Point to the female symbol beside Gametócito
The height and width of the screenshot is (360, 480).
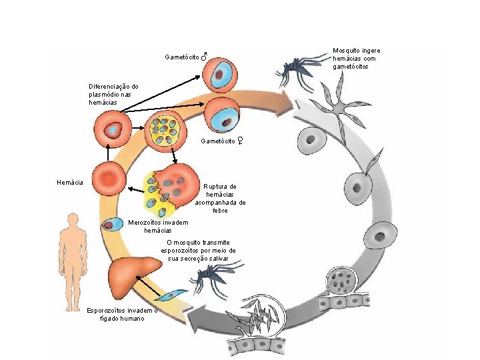[x=239, y=141]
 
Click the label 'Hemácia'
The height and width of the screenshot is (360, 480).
[x=70, y=182]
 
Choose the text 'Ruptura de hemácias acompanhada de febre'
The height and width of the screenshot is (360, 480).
[x=220, y=198]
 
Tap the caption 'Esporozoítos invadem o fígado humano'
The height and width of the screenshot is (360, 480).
[x=122, y=314]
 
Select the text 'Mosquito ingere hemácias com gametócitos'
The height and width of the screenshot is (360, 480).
[x=356, y=59]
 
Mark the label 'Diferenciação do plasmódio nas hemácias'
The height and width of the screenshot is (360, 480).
[x=113, y=95]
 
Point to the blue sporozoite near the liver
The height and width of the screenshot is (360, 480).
[x=175, y=294]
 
